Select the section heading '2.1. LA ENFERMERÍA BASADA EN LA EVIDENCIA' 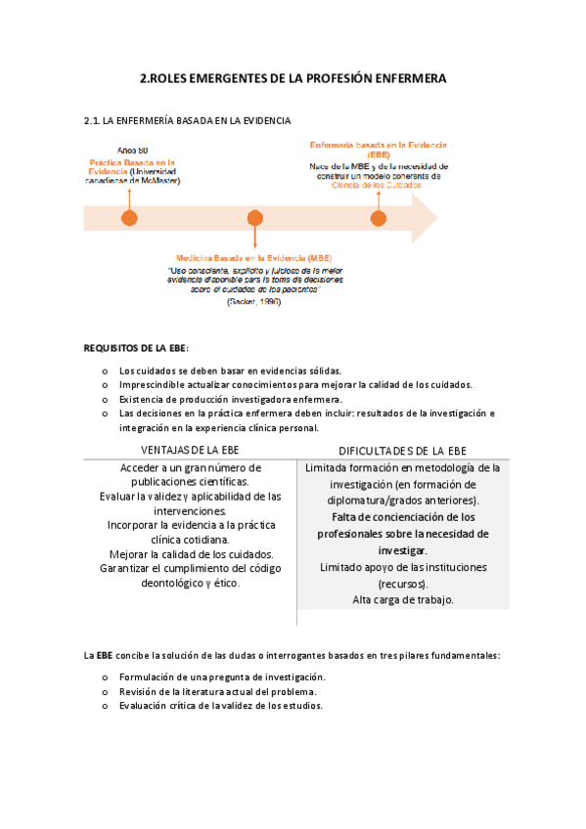click(188, 121)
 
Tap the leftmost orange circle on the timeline click(128, 218)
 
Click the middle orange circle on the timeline click(255, 218)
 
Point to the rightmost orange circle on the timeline click(379, 218)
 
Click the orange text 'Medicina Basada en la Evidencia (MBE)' click(253, 258)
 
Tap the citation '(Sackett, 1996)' click(253, 302)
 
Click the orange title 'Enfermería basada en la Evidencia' click(378, 145)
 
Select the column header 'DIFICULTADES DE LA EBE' click(402, 451)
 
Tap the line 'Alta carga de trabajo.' click(402, 599)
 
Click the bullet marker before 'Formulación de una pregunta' click(104, 677)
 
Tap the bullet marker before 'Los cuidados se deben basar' click(104, 371)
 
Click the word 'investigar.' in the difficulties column click(402, 550)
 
